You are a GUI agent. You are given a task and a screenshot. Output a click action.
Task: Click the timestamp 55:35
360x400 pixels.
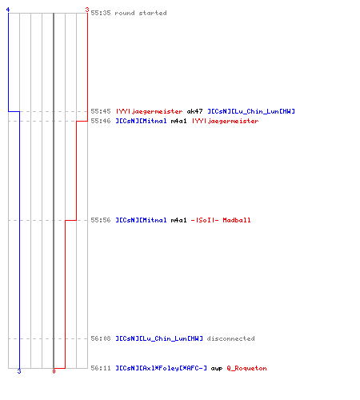[x=101, y=13]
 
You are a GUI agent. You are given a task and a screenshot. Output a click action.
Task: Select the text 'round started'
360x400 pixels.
[x=141, y=13]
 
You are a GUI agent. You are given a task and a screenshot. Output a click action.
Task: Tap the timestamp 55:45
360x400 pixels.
[x=101, y=111]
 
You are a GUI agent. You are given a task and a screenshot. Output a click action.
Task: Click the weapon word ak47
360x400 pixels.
[x=194, y=111]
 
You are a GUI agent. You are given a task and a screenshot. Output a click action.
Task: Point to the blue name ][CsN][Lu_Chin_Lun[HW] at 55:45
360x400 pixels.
[x=251, y=111]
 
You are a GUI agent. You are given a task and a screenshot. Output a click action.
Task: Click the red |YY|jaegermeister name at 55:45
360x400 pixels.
[x=149, y=111]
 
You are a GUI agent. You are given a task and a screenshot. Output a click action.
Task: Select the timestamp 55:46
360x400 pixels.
[x=101, y=121]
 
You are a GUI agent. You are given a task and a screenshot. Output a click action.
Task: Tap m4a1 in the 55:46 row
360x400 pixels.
[x=178, y=121]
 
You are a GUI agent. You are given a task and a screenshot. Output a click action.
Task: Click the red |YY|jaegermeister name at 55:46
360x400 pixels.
[x=225, y=121]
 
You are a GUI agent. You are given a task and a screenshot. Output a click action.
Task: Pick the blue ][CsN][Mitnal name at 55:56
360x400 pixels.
[x=141, y=220]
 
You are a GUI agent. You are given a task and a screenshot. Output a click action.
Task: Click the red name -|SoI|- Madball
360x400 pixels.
[x=221, y=220]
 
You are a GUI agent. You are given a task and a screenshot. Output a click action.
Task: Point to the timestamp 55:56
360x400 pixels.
[x=101, y=220]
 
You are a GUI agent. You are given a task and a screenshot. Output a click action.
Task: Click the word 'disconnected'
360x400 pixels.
[x=230, y=338]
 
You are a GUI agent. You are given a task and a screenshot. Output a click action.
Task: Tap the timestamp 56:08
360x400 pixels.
[x=101, y=338]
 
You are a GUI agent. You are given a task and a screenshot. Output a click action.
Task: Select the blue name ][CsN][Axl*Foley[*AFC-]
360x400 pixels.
[x=161, y=368]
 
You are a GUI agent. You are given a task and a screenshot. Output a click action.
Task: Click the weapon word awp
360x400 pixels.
[x=217, y=369]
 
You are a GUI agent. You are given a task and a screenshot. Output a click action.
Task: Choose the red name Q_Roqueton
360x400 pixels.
[x=246, y=368]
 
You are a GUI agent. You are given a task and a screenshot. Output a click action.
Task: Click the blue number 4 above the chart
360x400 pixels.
[x=8, y=10]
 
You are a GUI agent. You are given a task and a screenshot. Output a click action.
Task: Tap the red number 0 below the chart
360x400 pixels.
[x=54, y=371]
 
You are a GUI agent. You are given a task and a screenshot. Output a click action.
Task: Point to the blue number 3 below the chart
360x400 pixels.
[x=19, y=371]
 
